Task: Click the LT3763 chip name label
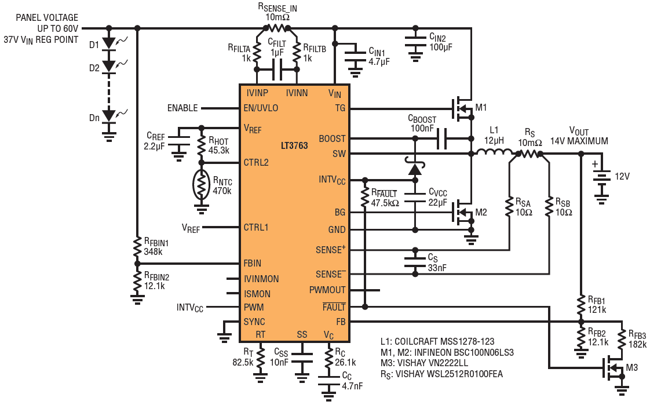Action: pos(294,145)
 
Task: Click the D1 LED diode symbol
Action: pos(109,43)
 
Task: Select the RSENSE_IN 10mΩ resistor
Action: pos(277,28)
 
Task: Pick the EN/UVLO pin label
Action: pos(261,108)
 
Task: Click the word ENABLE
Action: pos(182,108)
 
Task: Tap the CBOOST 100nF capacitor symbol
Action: pos(442,138)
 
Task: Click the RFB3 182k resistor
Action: pos(622,339)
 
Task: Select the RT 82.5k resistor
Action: pos(260,358)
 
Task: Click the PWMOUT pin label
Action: pos(327,290)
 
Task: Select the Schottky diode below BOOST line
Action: pos(415,167)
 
